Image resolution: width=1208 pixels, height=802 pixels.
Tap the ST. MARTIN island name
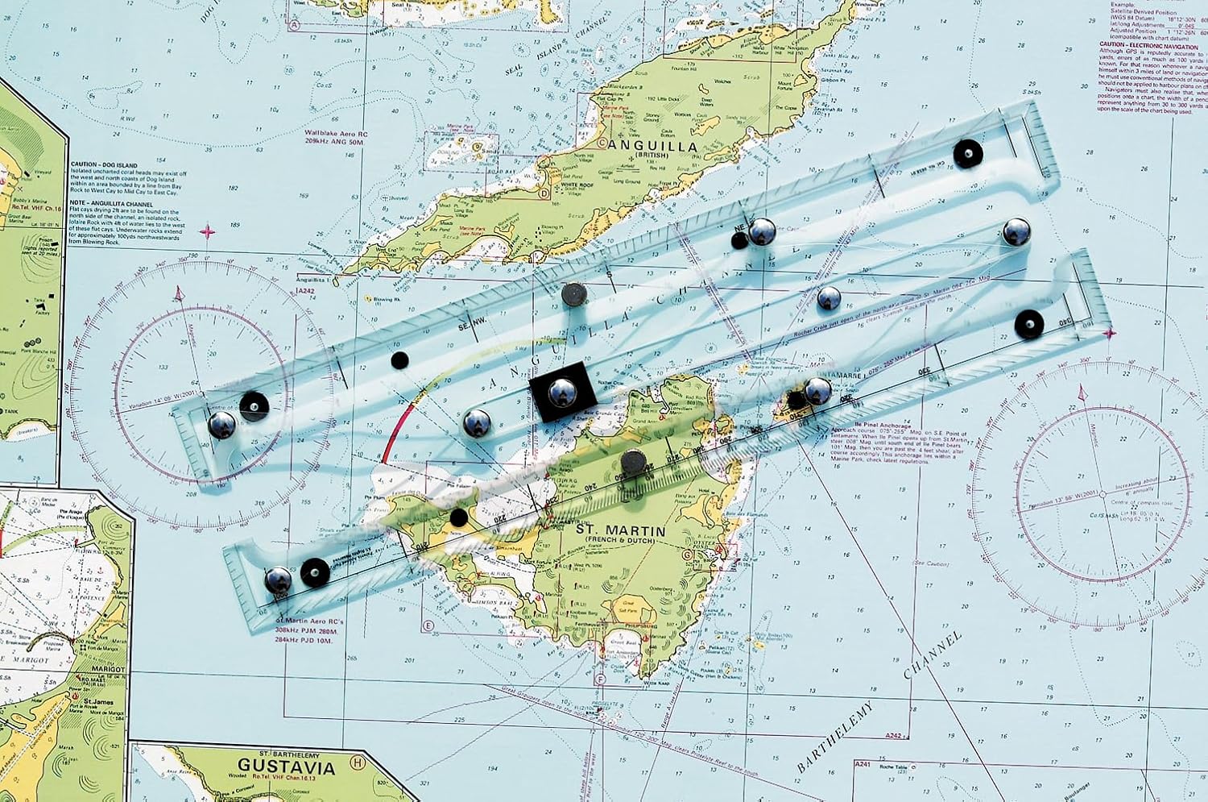point(620,530)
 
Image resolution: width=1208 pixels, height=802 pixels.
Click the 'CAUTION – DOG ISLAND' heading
point(104,164)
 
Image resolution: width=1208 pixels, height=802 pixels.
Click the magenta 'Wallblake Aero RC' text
point(337,134)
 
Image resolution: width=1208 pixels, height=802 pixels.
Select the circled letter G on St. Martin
point(687,555)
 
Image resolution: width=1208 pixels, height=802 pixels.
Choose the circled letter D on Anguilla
point(544,193)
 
